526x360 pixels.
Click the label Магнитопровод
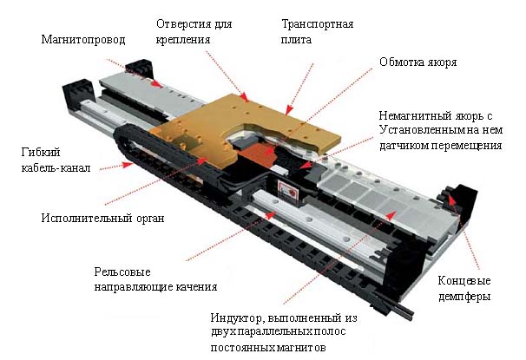pos(83,40)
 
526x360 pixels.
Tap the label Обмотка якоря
pos(418,62)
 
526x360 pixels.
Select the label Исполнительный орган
pos(102,219)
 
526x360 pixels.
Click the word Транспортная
pos(318,24)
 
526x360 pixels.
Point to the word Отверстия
pos(184,24)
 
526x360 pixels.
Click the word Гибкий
pos(41,153)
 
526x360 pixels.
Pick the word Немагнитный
pos(415,116)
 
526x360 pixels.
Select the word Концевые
pos(464,281)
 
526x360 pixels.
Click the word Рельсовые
pos(122,272)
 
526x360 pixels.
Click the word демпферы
pos(464,297)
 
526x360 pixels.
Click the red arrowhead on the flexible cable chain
pos(128,164)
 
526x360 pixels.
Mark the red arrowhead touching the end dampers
pos(452,201)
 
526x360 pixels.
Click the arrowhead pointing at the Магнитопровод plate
pos(156,83)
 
